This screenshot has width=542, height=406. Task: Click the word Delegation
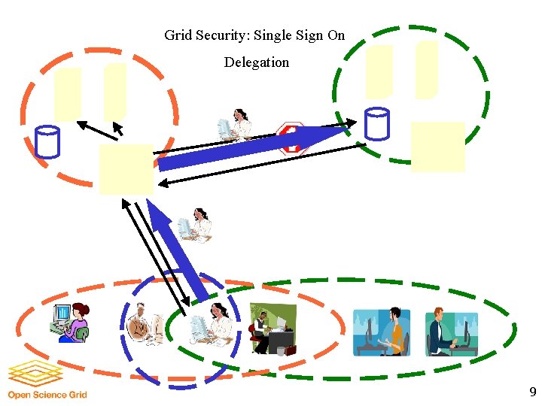(256, 62)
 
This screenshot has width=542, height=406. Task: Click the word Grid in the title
(178, 35)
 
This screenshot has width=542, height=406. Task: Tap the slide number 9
(533, 392)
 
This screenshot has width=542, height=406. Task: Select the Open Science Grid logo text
(47, 394)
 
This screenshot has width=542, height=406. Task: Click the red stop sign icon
(291, 138)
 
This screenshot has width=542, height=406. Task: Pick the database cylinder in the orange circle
(47, 141)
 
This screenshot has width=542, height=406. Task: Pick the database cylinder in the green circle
(376, 124)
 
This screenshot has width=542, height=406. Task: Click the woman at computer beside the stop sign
(234, 125)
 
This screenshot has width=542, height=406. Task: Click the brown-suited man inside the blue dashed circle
(144, 324)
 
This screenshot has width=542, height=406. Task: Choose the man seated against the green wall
(272, 329)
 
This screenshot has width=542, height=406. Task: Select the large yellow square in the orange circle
(126, 169)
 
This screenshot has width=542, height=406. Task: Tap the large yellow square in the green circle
(437, 147)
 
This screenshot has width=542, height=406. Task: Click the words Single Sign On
(299, 35)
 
